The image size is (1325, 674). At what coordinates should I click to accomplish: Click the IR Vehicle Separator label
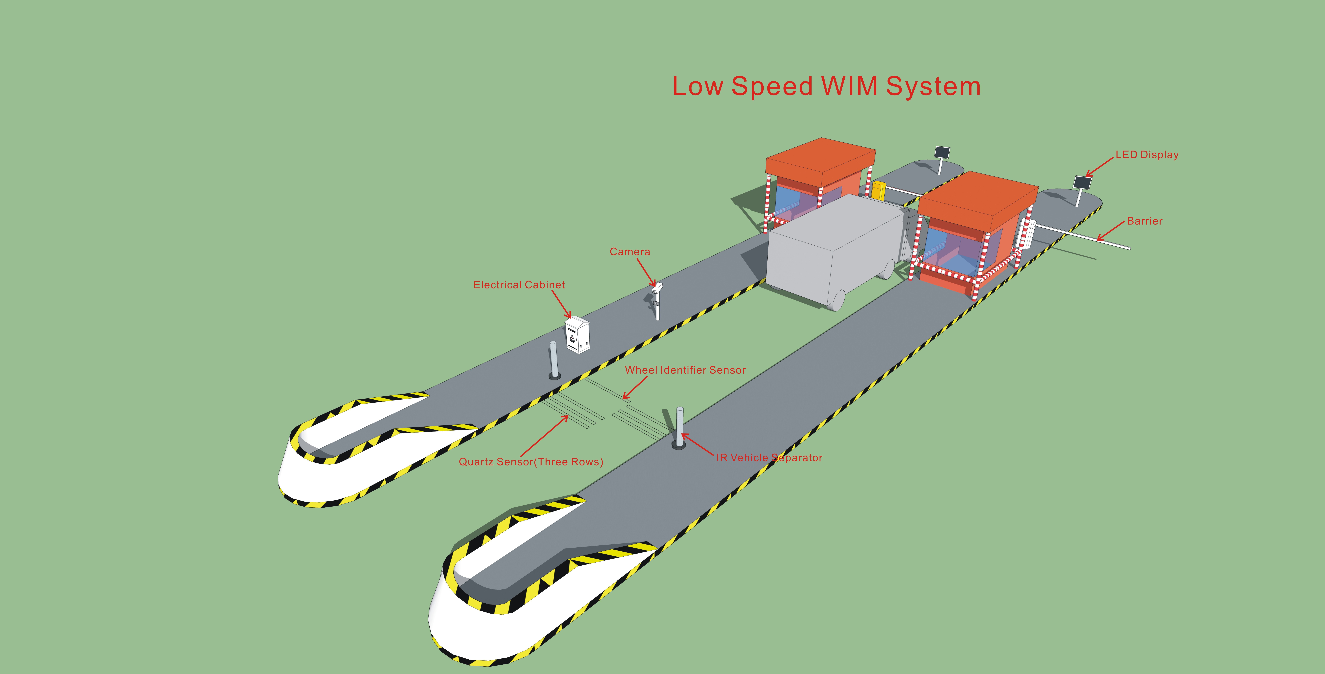(x=769, y=458)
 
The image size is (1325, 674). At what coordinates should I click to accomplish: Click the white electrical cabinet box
(x=577, y=335)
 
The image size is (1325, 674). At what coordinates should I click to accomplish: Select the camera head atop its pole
(x=657, y=288)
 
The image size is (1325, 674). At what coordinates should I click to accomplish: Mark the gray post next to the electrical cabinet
(x=553, y=360)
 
